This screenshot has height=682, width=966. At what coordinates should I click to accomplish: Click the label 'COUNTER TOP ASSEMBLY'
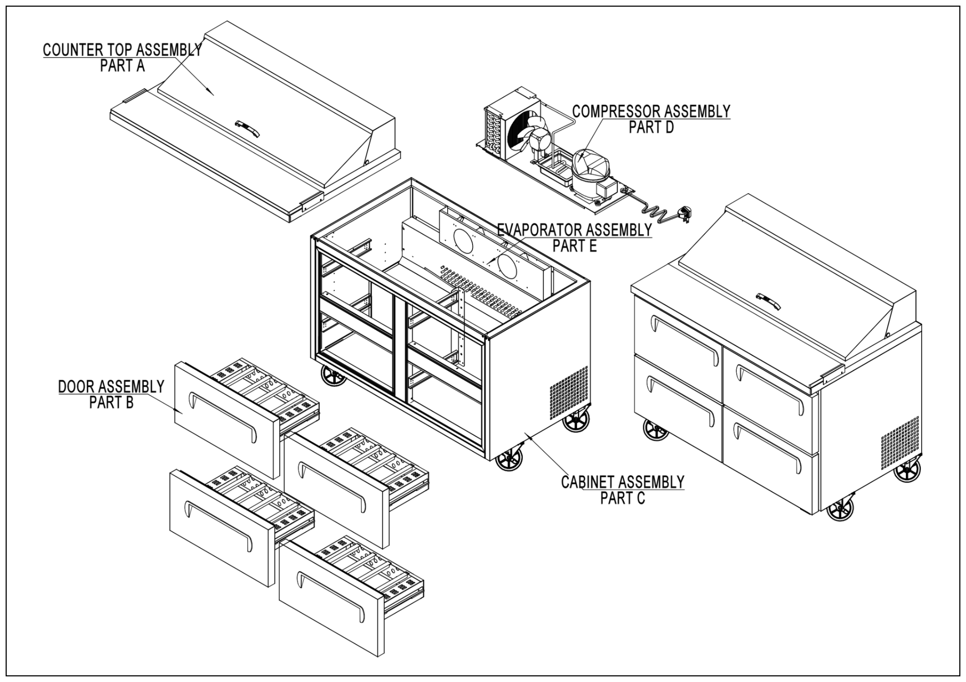pos(122,50)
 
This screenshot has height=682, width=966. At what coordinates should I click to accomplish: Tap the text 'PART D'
pos(651,127)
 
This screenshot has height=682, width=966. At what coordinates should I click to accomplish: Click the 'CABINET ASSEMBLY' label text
pos(623,482)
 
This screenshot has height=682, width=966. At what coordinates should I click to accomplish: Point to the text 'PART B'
pos(111,402)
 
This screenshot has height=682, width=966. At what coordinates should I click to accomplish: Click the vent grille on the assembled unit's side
pos(900,444)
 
